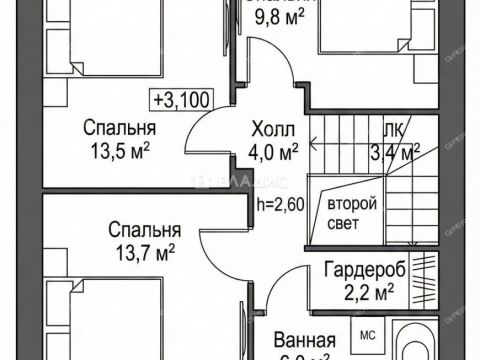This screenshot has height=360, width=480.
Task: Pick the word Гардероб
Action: [363, 270]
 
